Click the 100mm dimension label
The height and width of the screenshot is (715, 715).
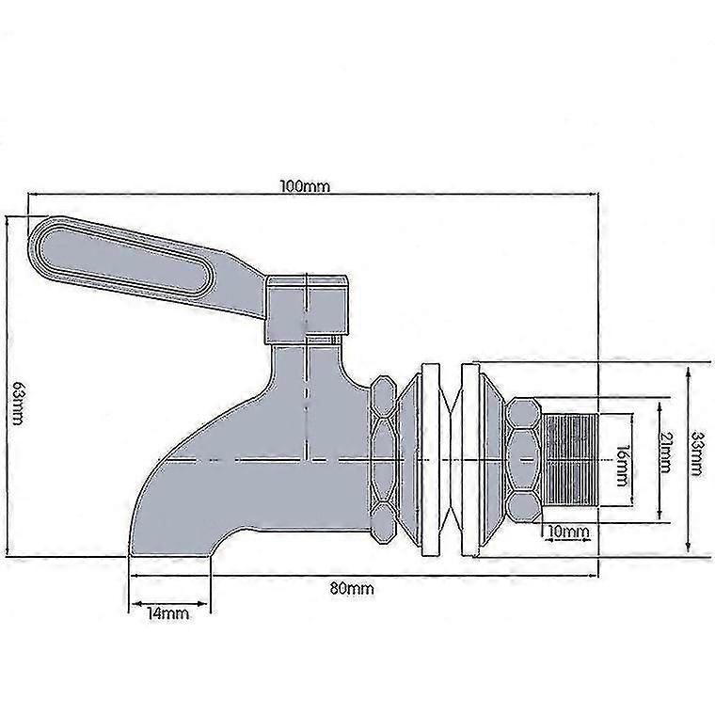[304, 186]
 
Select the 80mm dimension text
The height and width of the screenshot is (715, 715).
[352, 589]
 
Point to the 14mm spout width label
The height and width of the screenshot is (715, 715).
[167, 613]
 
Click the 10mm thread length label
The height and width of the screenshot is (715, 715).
[568, 532]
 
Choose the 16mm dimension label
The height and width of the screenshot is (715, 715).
[621, 465]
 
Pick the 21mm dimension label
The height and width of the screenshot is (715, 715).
[665, 453]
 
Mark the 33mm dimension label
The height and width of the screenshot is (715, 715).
[696, 453]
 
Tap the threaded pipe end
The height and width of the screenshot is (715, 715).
[570, 459]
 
